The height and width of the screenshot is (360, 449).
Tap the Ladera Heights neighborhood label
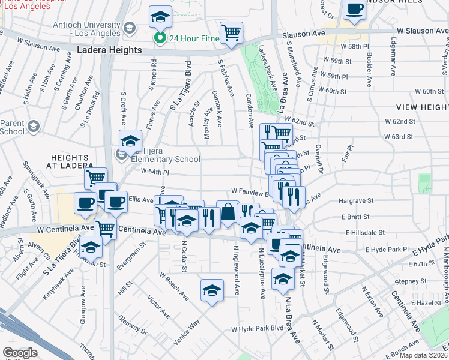pos(109,52)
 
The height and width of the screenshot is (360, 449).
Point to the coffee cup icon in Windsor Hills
pos(355,10)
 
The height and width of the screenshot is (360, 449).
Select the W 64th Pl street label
pos(155,172)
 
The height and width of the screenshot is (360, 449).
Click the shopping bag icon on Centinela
pos(228,212)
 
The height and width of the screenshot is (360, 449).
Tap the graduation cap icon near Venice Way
pos(212,290)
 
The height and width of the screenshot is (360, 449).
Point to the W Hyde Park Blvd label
pos(257,329)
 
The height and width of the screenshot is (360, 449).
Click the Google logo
pos(20,353)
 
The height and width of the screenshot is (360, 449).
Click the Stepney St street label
pos(411,281)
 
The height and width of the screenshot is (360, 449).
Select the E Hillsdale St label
pos(364,232)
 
